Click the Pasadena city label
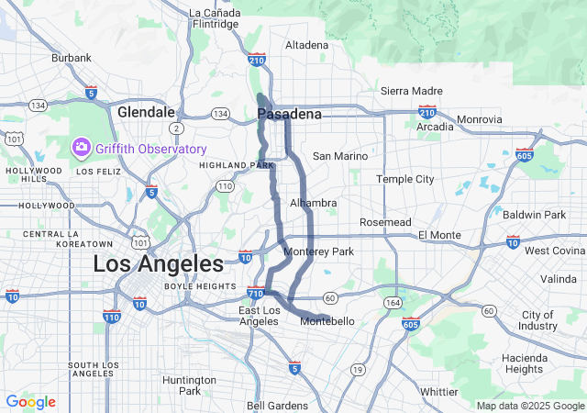290,114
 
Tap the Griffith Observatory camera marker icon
82,148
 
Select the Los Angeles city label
158,264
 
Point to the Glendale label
146,111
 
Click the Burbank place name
72,58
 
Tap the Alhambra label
313,203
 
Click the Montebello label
327,320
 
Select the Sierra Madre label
411,92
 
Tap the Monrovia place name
480,119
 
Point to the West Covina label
554,251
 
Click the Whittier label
438,391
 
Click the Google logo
30,402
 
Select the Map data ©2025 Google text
529,406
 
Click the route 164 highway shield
393,303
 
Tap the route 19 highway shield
357,369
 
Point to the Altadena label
306,44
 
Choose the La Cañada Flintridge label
214,18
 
